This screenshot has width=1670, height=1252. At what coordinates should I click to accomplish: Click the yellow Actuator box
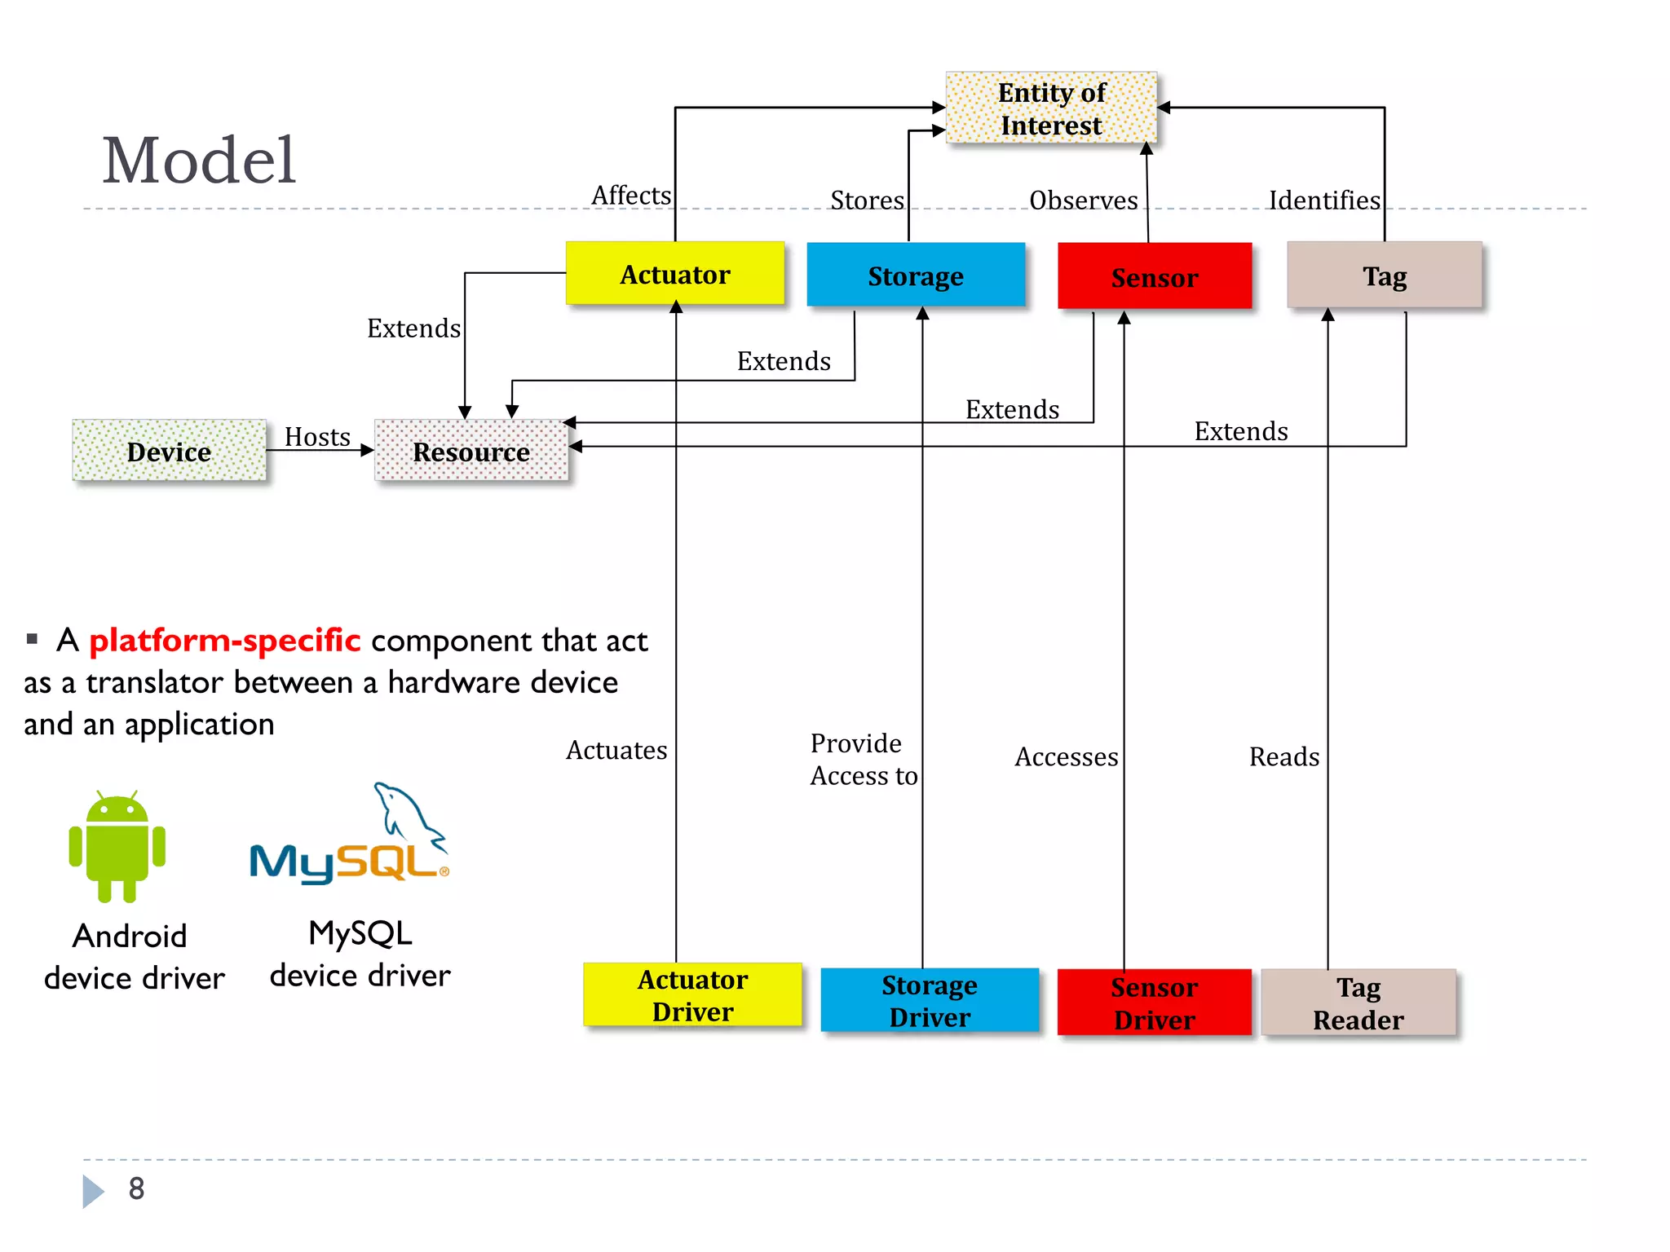[x=675, y=274]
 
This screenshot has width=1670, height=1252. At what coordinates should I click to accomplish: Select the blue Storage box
[x=915, y=276]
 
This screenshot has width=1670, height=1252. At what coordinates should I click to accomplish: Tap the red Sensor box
[x=1154, y=277]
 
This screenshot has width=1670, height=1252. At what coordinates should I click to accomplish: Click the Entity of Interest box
[x=1051, y=108]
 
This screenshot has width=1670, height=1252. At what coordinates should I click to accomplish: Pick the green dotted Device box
[x=169, y=451]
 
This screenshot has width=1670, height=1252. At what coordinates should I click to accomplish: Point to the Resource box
[x=471, y=451]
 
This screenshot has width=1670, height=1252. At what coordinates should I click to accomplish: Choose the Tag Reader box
[x=1358, y=1003]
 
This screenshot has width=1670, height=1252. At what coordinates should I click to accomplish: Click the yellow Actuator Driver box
[x=692, y=994]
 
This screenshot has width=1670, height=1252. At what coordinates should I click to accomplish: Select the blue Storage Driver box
[x=929, y=1000]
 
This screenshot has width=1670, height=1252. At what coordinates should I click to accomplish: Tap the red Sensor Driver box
[x=1154, y=1003]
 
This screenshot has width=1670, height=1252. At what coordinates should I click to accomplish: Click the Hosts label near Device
[x=317, y=437]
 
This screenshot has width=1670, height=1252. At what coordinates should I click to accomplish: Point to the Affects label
[x=631, y=196]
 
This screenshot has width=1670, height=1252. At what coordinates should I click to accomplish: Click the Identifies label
[x=1324, y=201]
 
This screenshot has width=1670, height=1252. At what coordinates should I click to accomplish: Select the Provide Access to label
[x=863, y=759]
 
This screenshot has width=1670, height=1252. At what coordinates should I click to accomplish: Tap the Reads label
[x=1283, y=757]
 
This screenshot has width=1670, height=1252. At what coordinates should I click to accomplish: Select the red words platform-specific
[x=224, y=641]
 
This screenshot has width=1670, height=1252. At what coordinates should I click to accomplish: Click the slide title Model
[x=198, y=161]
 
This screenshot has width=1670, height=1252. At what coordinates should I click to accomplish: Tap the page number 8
[x=136, y=1188]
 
